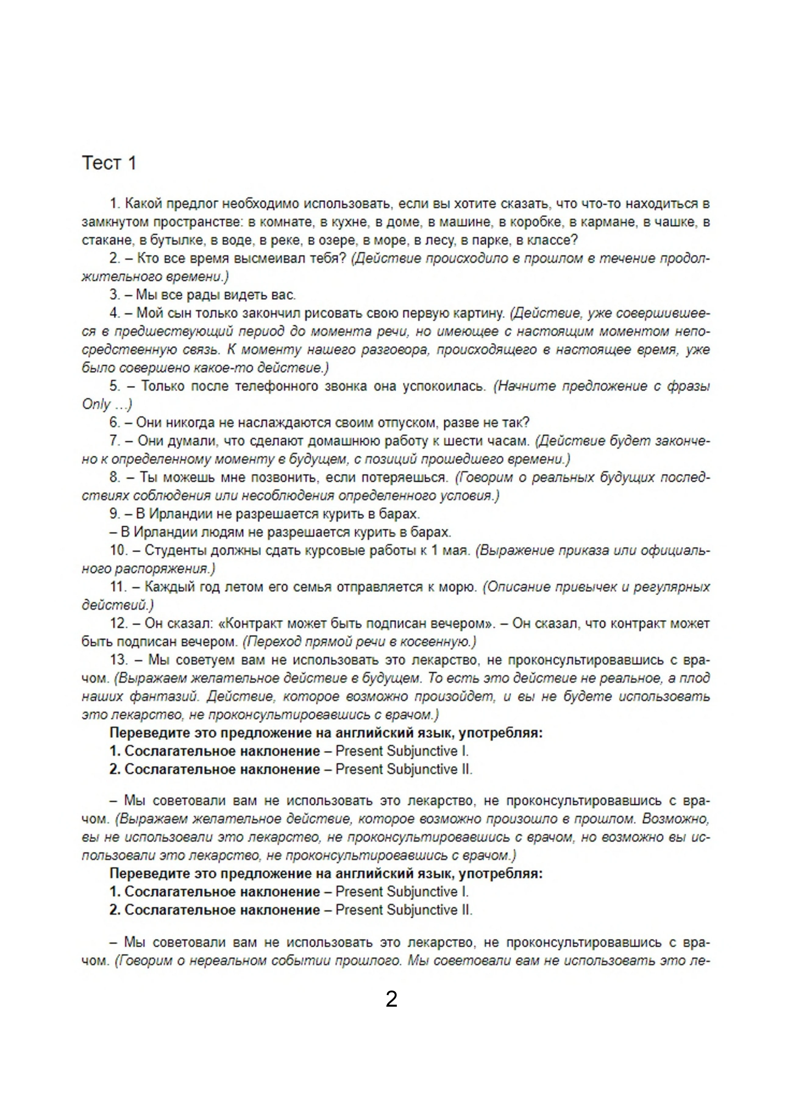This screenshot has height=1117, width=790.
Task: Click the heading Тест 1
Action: point(109,163)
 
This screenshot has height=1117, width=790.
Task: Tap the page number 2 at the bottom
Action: point(392,999)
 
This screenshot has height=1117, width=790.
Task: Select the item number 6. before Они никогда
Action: point(115,422)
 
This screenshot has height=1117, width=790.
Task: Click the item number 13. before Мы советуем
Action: point(119,660)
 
